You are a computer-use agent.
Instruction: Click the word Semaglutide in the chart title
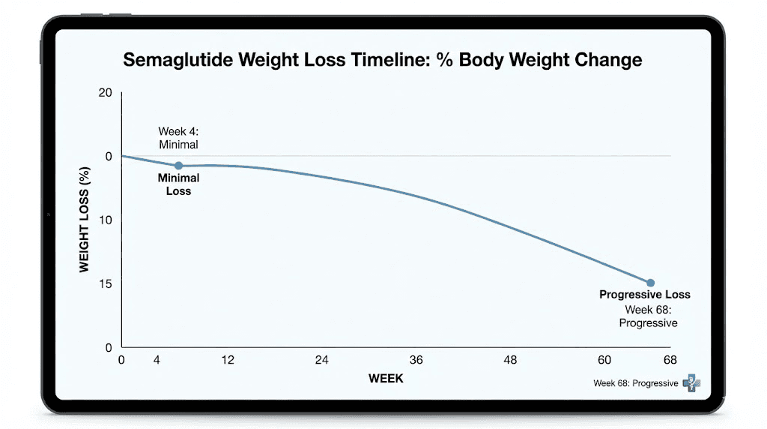[178, 60]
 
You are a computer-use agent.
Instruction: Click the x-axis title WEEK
[386, 379]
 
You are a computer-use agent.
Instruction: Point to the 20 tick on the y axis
[105, 93]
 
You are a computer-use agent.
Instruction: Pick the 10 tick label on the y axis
[105, 220]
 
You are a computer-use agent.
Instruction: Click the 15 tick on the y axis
[105, 284]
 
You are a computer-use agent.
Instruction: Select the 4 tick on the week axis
[157, 360]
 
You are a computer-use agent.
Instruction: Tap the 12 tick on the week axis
[228, 360]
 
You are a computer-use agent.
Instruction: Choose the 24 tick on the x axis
[321, 360]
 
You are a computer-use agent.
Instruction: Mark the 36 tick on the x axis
[416, 360]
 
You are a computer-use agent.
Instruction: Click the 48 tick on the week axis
[510, 360]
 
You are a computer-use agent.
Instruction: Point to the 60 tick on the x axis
[604, 360]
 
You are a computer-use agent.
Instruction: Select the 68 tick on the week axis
[670, 360]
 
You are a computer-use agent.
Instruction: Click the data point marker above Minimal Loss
[178, 166]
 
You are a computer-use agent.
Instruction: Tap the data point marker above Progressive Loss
[650, 283]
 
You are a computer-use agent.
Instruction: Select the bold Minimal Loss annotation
[178, 184]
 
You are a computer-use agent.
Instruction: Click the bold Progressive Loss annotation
[644, 295]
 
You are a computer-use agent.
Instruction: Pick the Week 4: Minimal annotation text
[178, 138]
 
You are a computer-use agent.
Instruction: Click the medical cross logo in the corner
[691, 383]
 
